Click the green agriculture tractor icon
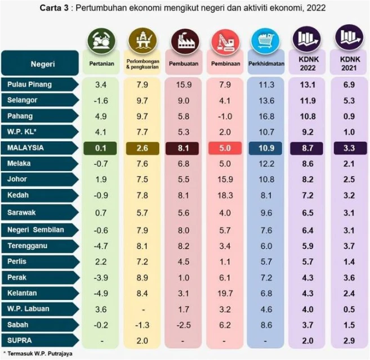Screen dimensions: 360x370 point(101,40)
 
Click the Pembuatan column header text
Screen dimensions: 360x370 point(184,64)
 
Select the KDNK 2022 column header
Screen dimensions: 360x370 point(308,63)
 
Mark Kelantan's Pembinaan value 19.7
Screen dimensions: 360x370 point(225,293)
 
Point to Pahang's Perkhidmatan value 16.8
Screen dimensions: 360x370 point(267,116)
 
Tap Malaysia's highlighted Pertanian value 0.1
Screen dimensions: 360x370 point(101,148)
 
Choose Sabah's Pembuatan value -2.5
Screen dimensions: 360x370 point(184,325)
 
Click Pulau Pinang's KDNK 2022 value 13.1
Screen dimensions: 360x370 point(308,84)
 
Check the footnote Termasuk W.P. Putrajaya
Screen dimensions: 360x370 point(29,354)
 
